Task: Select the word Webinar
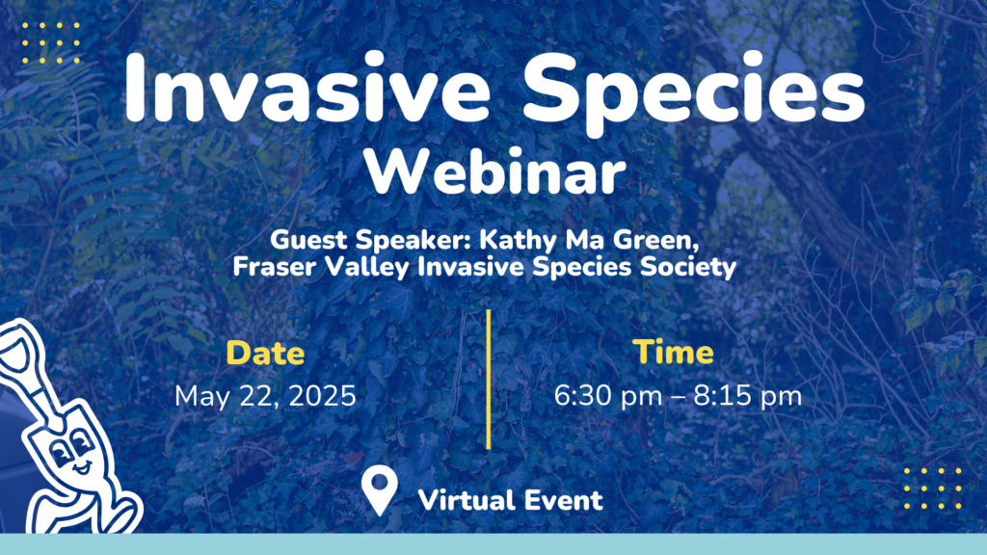[494, 172]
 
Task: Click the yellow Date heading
[265, 353]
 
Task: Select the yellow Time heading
[673, 352]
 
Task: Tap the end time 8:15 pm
[748, 396]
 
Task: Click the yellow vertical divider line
[489, 380]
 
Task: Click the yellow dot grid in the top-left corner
[51, 43]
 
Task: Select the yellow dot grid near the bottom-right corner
[933, 489]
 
